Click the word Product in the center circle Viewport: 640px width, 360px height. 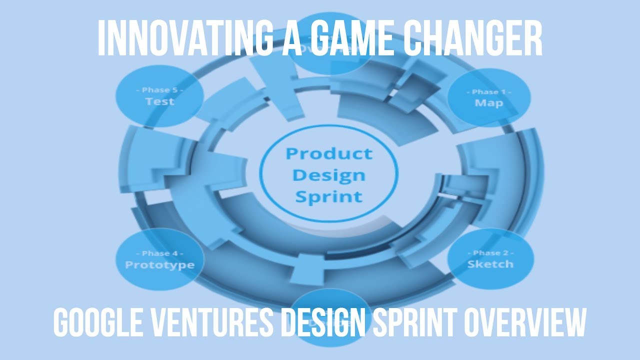(x=328, y=153)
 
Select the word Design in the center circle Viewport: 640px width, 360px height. (x=328, y=175)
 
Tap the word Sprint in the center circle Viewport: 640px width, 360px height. (x=328, y=196)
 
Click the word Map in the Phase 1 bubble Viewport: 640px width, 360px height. (x=488, y=103)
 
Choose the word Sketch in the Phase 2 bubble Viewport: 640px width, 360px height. (x=490, y=264)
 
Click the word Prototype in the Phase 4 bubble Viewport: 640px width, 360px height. (x=159, y=264)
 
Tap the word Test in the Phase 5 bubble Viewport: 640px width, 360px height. (x=159, y=101)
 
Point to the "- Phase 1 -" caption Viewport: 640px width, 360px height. (x=488, y=92)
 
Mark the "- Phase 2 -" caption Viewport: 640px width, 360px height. (x=490, y=253)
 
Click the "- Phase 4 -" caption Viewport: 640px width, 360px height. (x=159, y=253)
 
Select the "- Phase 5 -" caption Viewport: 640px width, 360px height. (x=159, y=90)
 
